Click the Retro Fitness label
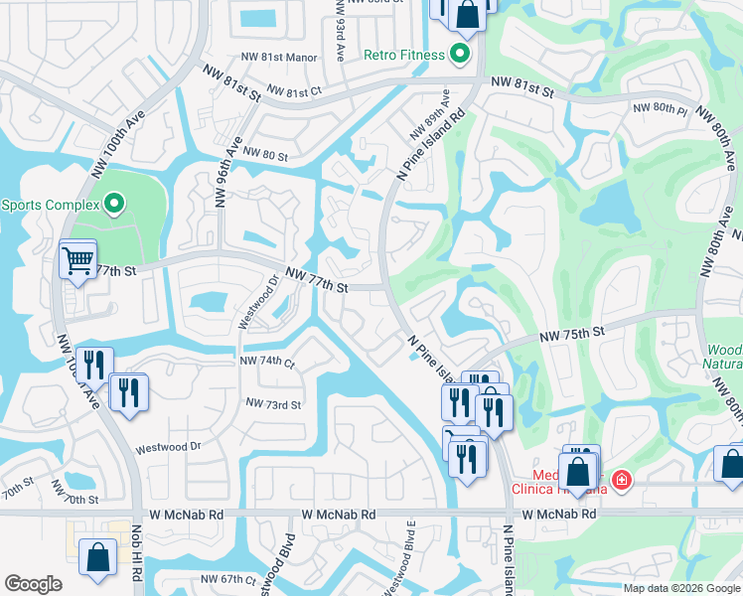click(x=403, y=55)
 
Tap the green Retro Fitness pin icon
click(x=460, y=55)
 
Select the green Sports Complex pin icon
click(x=113, y=206)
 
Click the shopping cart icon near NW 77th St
click(x=77, y=262)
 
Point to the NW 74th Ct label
click(x=267, y=364)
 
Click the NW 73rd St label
click(x=273, y=404)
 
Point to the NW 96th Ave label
click(x=227, y=173)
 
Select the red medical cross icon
click(x=622, y=481)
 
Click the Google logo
click(x=33, y=584)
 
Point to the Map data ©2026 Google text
click(x=680, y=588)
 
